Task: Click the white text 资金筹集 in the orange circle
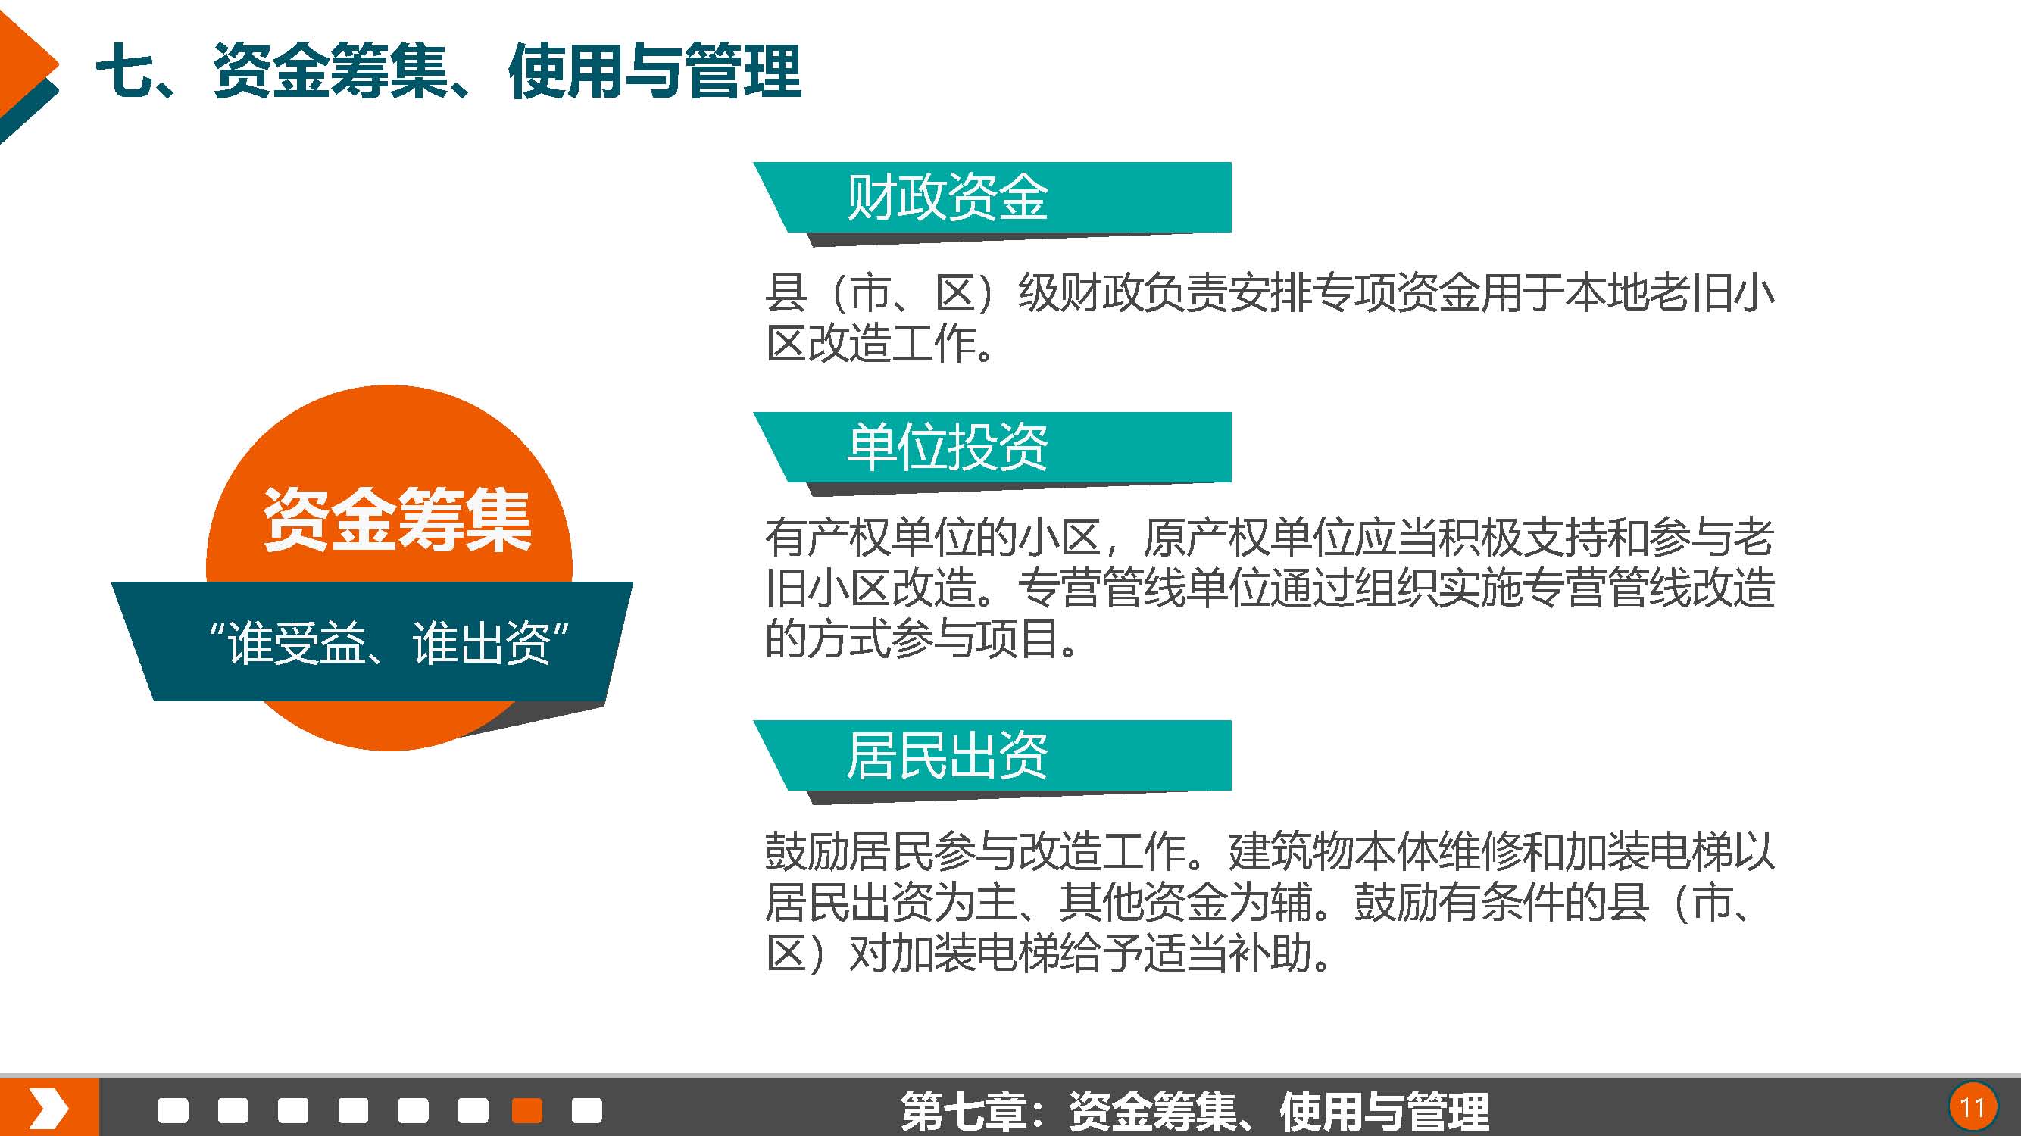tap(397, 520)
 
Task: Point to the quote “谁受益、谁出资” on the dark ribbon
tap(389, 643)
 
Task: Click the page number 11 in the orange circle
tap(1973, 1108)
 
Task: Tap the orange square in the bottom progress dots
tap(526, 1110)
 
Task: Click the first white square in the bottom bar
tap(173, 1110)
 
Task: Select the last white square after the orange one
tap(587, 1110)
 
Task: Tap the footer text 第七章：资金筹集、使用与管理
tap(1194, 1111)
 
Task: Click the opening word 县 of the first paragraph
tap(786, 293)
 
